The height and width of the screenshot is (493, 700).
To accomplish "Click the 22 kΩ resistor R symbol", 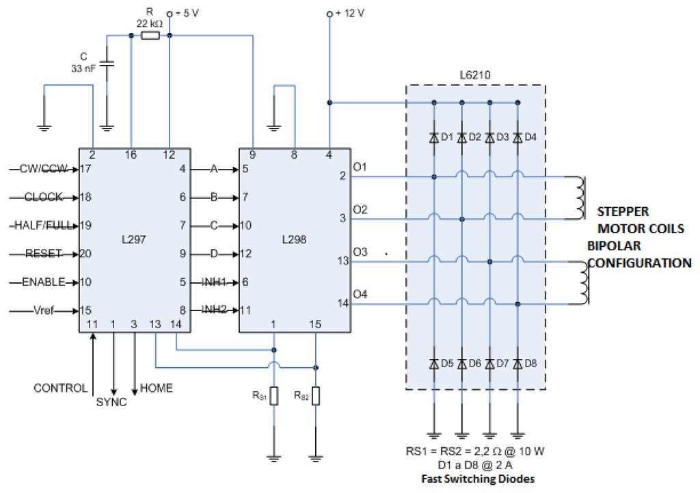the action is [150, 36].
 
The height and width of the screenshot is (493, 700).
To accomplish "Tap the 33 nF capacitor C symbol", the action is [107, 64].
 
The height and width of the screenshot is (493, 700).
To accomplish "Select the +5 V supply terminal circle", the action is [170, 14].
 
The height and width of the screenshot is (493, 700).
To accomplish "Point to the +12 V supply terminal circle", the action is [329, 14].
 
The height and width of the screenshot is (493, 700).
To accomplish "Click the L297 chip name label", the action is [134, 240].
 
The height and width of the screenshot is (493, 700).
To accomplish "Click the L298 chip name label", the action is [294, 240].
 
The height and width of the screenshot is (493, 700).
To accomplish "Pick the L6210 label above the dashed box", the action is [475, 75].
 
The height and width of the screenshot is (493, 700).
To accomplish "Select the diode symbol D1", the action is [434, 137].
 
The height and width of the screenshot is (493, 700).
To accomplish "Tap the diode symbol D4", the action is [517, 137].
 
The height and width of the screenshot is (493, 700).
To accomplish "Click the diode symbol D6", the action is [462, 364].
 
